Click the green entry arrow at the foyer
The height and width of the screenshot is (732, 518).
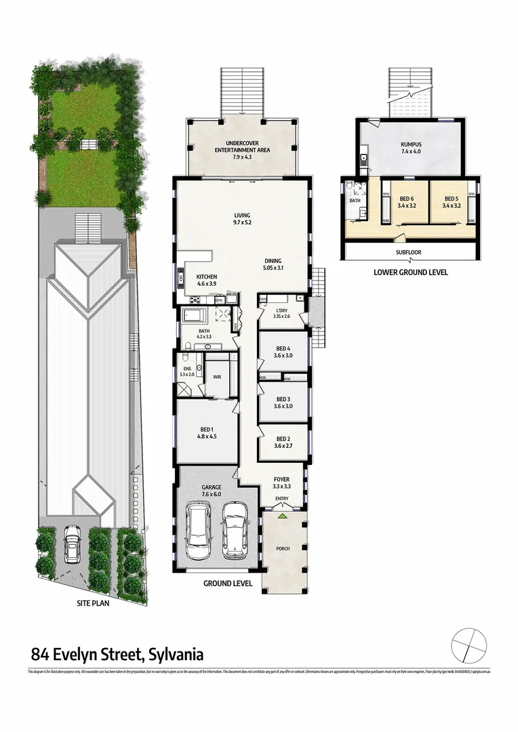point(283,516)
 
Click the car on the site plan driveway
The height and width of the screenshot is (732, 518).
point(73,546)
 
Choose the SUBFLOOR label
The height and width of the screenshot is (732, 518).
point(410,252)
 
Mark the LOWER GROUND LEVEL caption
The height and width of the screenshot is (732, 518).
point(410,272)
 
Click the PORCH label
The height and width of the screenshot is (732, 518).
point(283,548)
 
